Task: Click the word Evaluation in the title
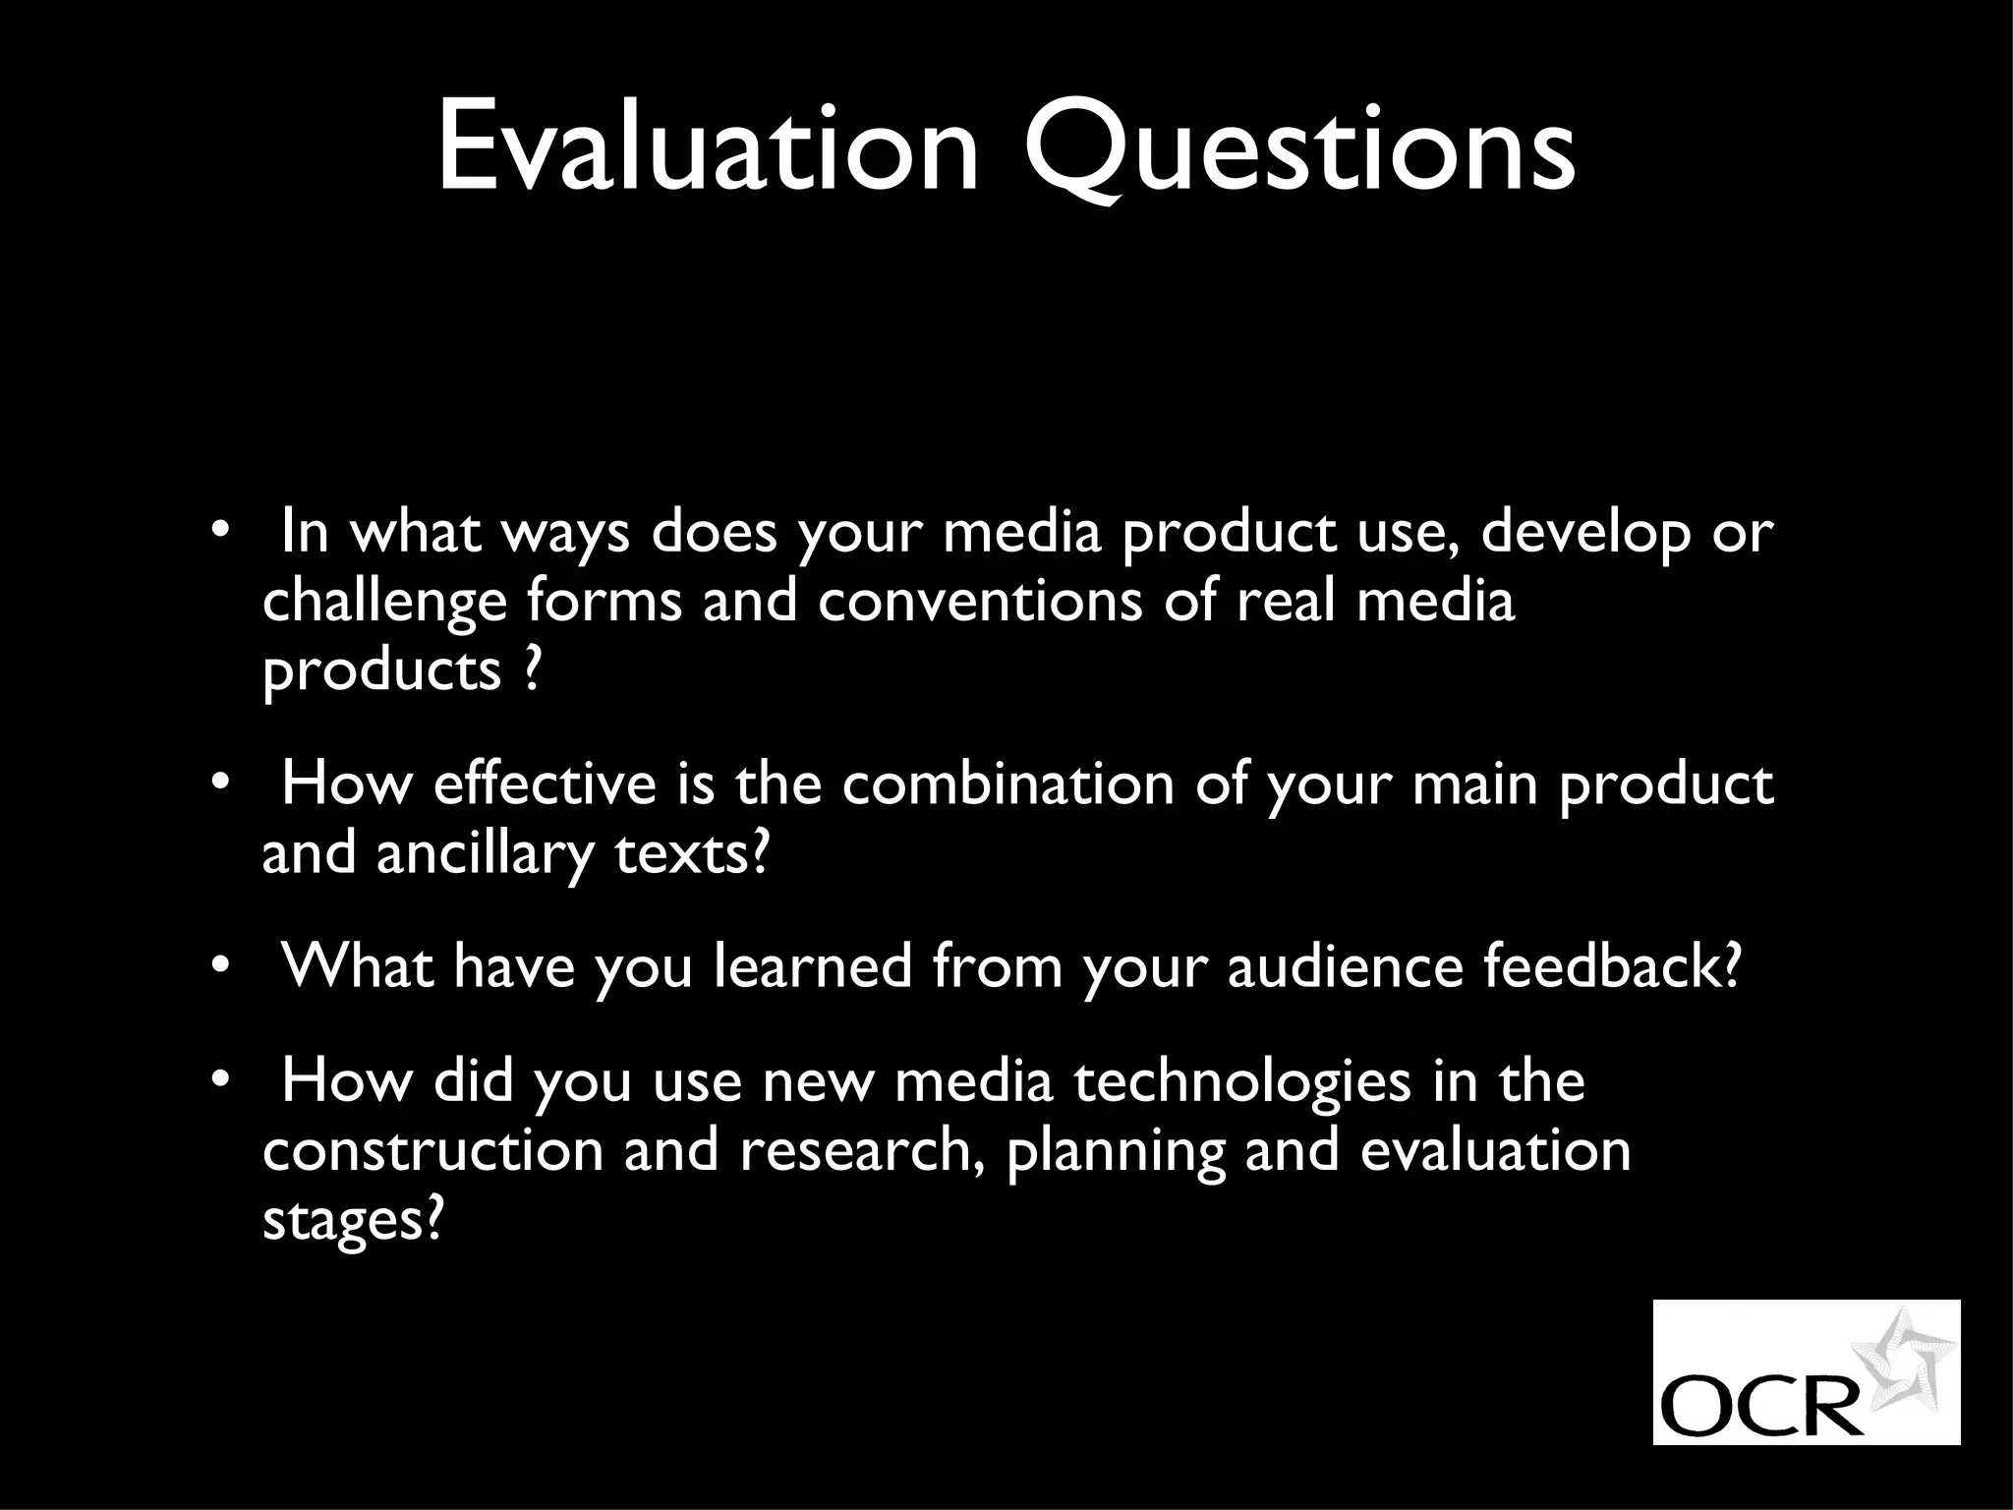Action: pyautogui.click(x=707, y=147)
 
